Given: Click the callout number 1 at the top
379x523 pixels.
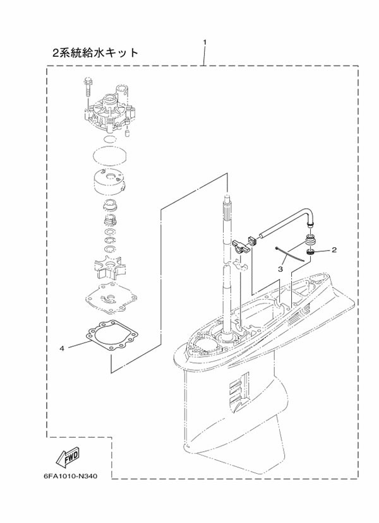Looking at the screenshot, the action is point(205,42).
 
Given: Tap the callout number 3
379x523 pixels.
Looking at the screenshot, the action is point(281,269).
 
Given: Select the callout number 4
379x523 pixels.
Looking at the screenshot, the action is point(62,348).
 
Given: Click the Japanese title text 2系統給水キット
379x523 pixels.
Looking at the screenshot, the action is point(95,52).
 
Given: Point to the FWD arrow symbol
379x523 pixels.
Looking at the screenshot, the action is point(68,456).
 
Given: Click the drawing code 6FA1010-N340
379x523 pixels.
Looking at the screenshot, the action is point(71,476).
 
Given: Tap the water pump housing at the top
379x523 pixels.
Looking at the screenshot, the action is point(107,110).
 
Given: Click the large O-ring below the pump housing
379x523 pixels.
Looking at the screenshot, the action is point(109,154).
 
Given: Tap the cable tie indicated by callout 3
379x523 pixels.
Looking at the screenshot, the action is point(290,254).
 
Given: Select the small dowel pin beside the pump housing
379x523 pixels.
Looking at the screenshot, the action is point(127,133).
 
